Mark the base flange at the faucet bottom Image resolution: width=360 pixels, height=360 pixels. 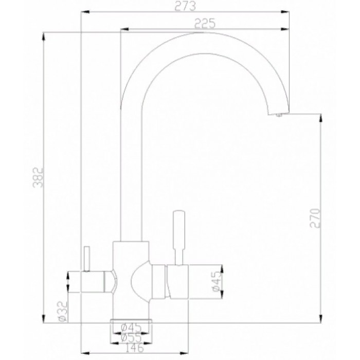(132, 320)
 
